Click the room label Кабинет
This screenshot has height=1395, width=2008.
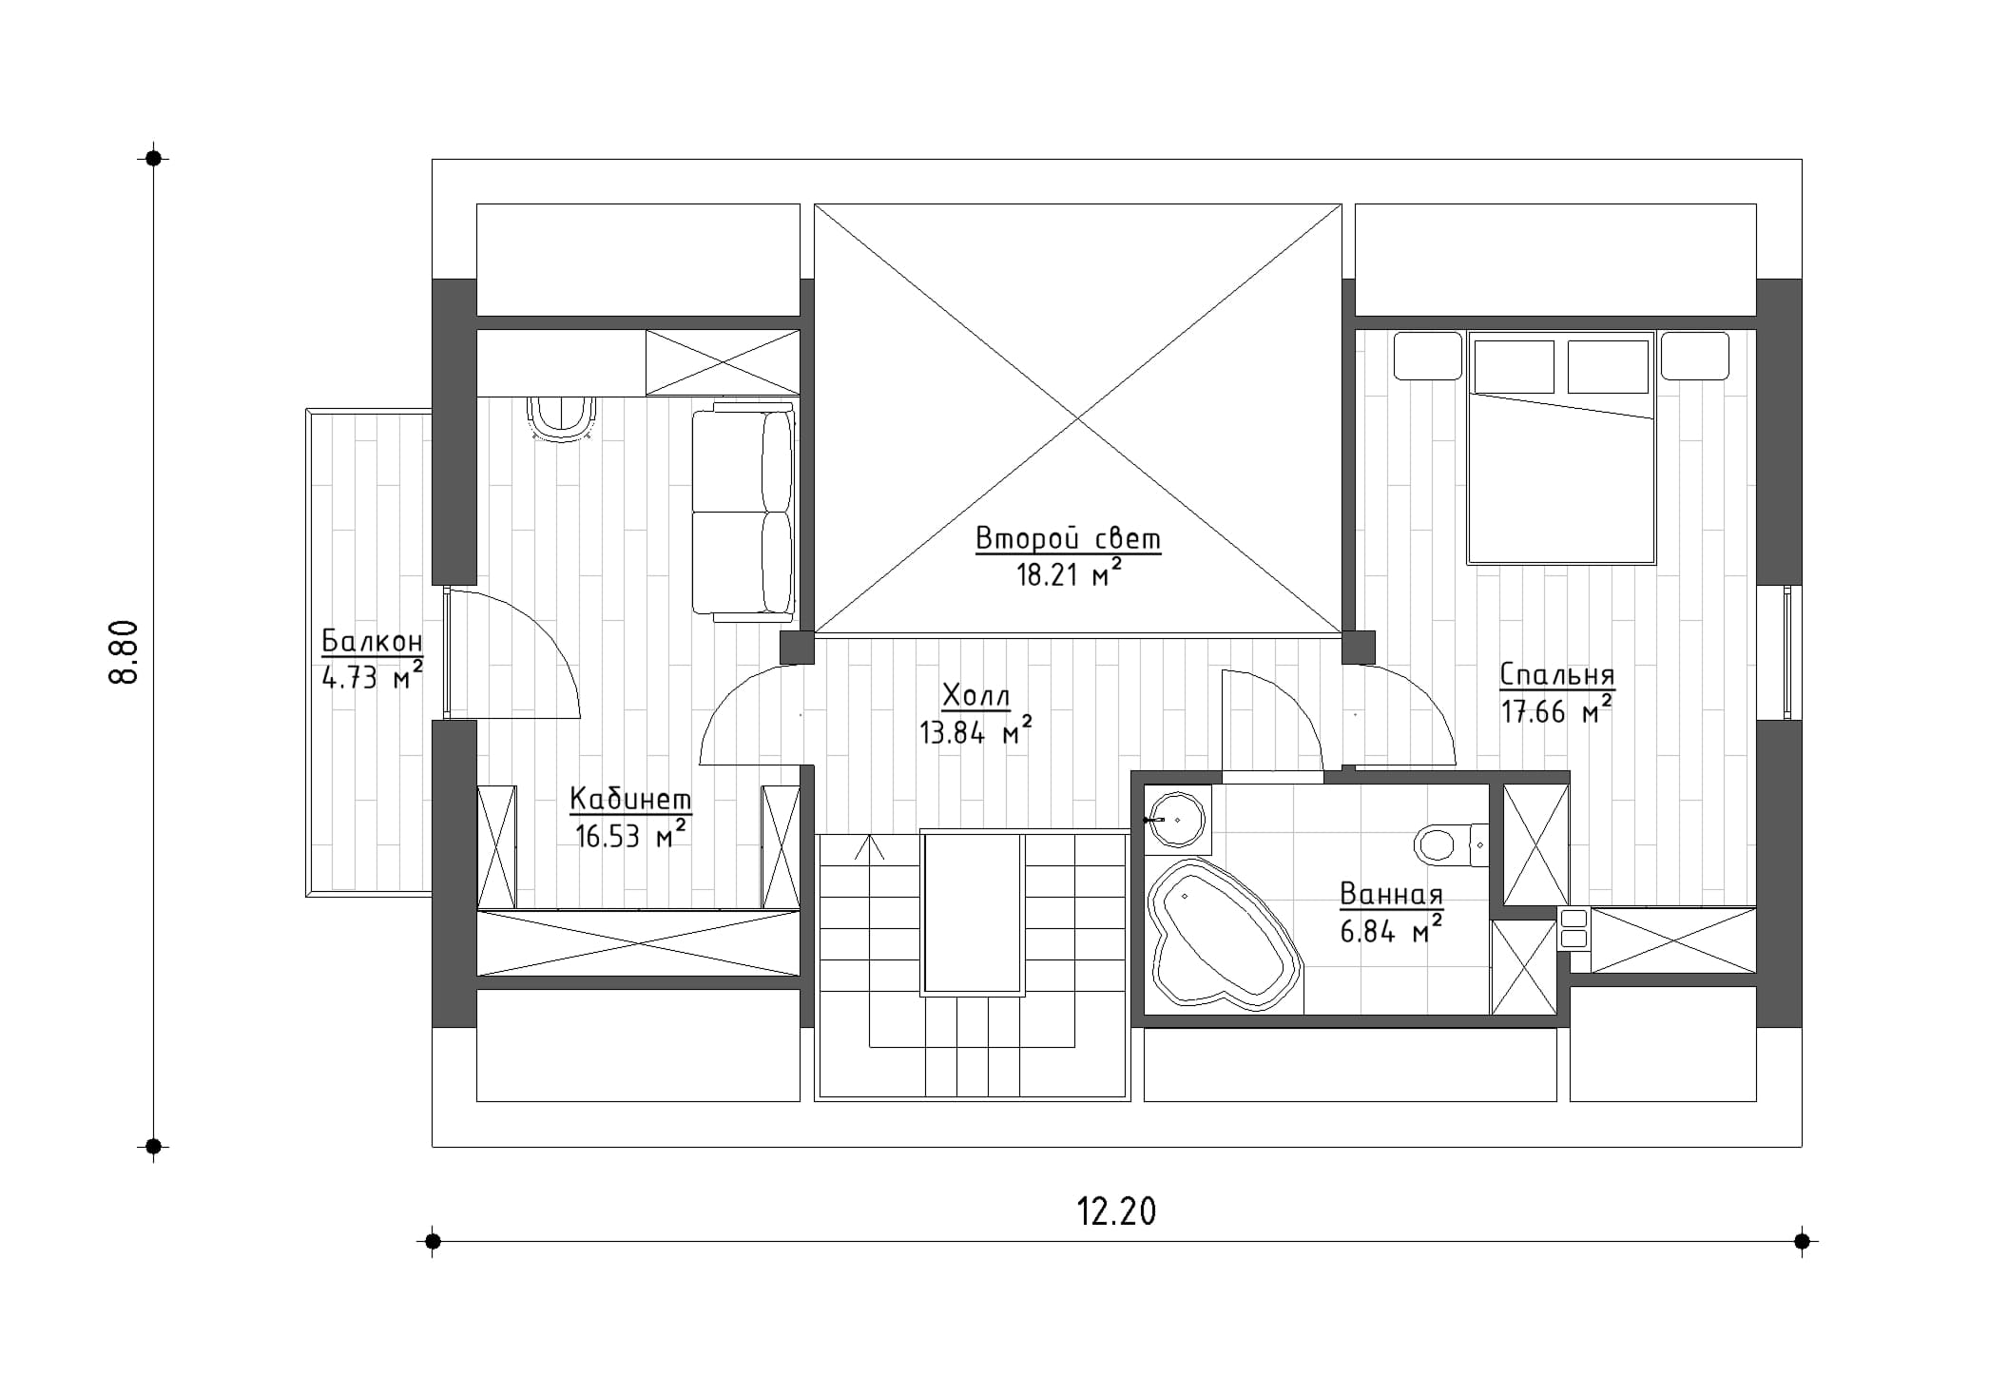pos(630,799)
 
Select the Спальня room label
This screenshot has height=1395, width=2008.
pos(1557,674)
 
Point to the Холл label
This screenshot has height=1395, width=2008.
pos(975,696)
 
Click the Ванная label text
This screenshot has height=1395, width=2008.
pos(1392,894)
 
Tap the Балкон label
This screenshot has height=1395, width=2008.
pos(372,641)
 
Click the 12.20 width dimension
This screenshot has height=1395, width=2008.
pos(1116,1212)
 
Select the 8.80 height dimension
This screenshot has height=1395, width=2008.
pos(125,651)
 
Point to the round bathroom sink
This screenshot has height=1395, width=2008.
pos(1178,819)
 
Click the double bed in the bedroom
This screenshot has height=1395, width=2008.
pos(1561,447)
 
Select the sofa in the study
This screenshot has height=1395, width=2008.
pos(743,512)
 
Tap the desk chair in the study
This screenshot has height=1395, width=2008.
pos(562,419)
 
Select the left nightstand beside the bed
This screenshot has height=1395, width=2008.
pos(1427,356)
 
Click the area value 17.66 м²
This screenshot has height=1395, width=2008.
pos(1556,709)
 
